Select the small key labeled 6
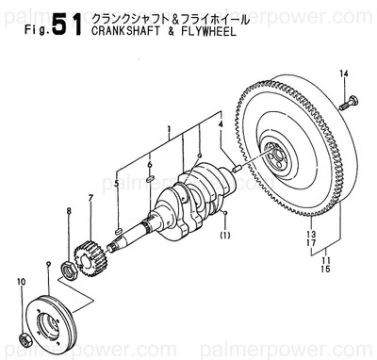coord(151,176)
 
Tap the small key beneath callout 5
coord(117,229)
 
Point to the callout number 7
coord(90,197)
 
